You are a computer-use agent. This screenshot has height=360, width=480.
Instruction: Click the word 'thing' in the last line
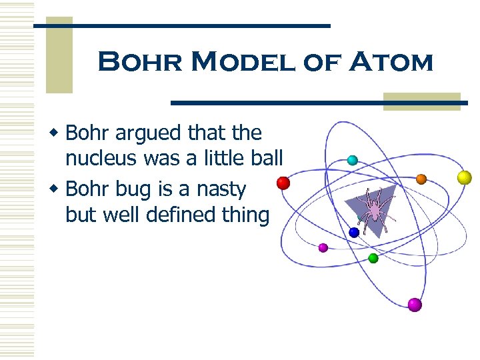click(x=248, y=215)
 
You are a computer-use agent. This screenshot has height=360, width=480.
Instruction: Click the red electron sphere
click(x=283, y=183)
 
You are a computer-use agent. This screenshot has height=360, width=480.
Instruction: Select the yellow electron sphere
click(x=464, y=177)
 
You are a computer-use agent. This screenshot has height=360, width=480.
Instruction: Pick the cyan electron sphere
click(x=352, y=160)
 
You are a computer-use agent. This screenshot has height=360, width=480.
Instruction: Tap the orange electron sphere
click(x=421, y=179)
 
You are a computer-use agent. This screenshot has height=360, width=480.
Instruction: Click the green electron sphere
click(x=373, y=257)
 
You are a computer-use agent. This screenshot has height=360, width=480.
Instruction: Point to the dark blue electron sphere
click(x=354, y=232)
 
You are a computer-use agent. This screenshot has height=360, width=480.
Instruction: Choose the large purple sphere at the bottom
click(x=415, y=305)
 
